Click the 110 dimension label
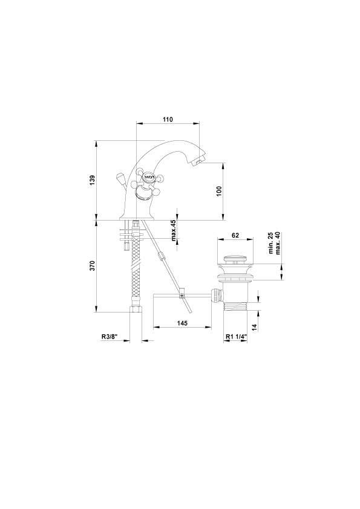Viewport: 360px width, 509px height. [x=168, y=120]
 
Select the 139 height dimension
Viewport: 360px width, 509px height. [x=93, y=181]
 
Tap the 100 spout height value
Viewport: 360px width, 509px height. [x=218, y=191]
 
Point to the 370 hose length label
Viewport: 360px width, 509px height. [x=93, y=266]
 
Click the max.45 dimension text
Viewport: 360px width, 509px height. [x=174, y=230]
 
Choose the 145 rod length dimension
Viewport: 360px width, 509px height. [x=182, y=323]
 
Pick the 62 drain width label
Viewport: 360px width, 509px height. [x=235, y=235]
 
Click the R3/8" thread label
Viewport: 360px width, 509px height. [x=109, y=337]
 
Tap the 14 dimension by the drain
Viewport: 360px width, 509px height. [x=254, y=327]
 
